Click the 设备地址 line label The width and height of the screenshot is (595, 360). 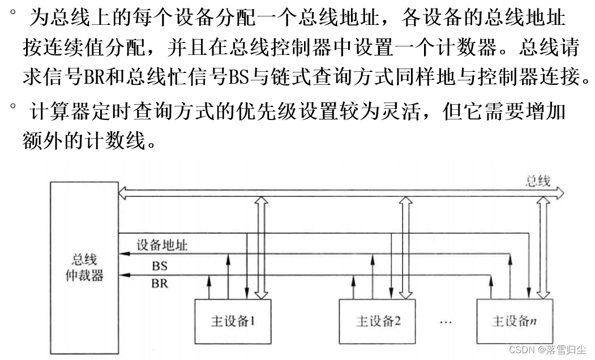pyautogui.click(x=162, y=245)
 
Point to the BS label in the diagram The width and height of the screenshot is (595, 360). pyautogui.click(x=160, y=265)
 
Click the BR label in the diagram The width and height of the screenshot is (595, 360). pyautogui.click(x=160, y=283)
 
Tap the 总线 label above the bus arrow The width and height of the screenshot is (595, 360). pyautogui.click(x=538, y=181)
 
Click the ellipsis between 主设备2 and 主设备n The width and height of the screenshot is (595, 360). pyautogui.click(x=446, y=322)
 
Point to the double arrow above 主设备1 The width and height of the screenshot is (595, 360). pyautogui.click(x=261, y=247)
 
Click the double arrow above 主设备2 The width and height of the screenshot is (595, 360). pyautogui.click(x=405, y=247)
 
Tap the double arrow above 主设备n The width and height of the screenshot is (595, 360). pyautogui.click(x=543, y=247)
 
